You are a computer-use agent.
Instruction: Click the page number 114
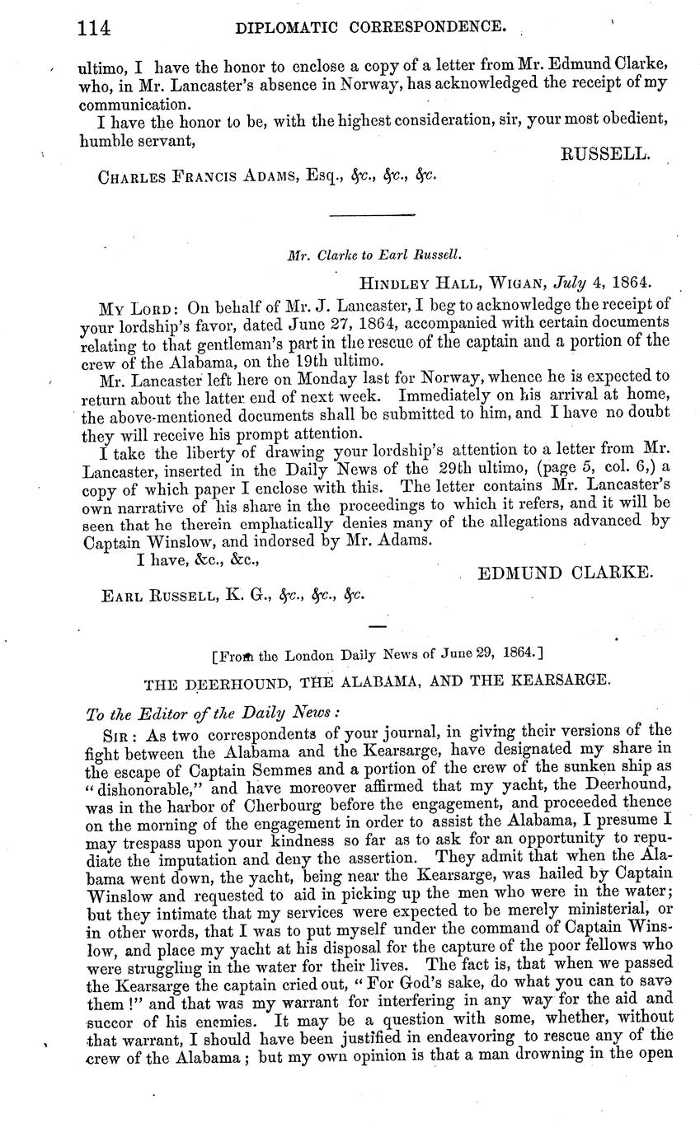tap(94, 30)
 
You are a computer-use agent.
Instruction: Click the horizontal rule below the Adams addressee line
tap(372, 215)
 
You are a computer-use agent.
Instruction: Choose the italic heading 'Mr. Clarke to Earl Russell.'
tap(373, 256)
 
